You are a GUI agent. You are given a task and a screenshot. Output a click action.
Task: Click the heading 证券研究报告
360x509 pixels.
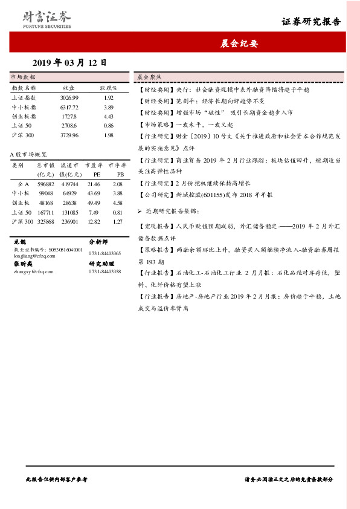pyautogui.click(x=311, y=22)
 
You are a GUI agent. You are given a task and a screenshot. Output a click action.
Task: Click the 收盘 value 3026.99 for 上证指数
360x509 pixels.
pyautogui.click(x=69, y=97)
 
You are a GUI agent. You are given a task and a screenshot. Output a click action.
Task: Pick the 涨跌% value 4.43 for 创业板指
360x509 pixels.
pyautogui.click(x=109, y=116)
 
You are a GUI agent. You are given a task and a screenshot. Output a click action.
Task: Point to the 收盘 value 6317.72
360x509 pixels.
pyautogui.click(x=69, y=107)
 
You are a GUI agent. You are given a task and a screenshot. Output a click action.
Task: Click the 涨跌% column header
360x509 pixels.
pyautogui.click(x=109, y=88)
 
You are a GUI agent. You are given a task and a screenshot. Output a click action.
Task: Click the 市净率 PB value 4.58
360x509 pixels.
pyautogui.click(x=117, y=203)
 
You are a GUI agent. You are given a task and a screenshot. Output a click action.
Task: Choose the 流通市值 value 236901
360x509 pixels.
pyautogui.click(x=69, y=222)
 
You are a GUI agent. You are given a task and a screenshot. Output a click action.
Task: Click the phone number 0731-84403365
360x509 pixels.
pyautogui.click(x=104, y=253)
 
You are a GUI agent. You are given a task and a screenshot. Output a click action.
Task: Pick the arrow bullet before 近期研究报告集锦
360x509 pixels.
pyautogui.click(x=140, y=212)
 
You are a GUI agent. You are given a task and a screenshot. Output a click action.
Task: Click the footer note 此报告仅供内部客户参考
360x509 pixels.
pyautogui.click(x=57, y=478)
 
